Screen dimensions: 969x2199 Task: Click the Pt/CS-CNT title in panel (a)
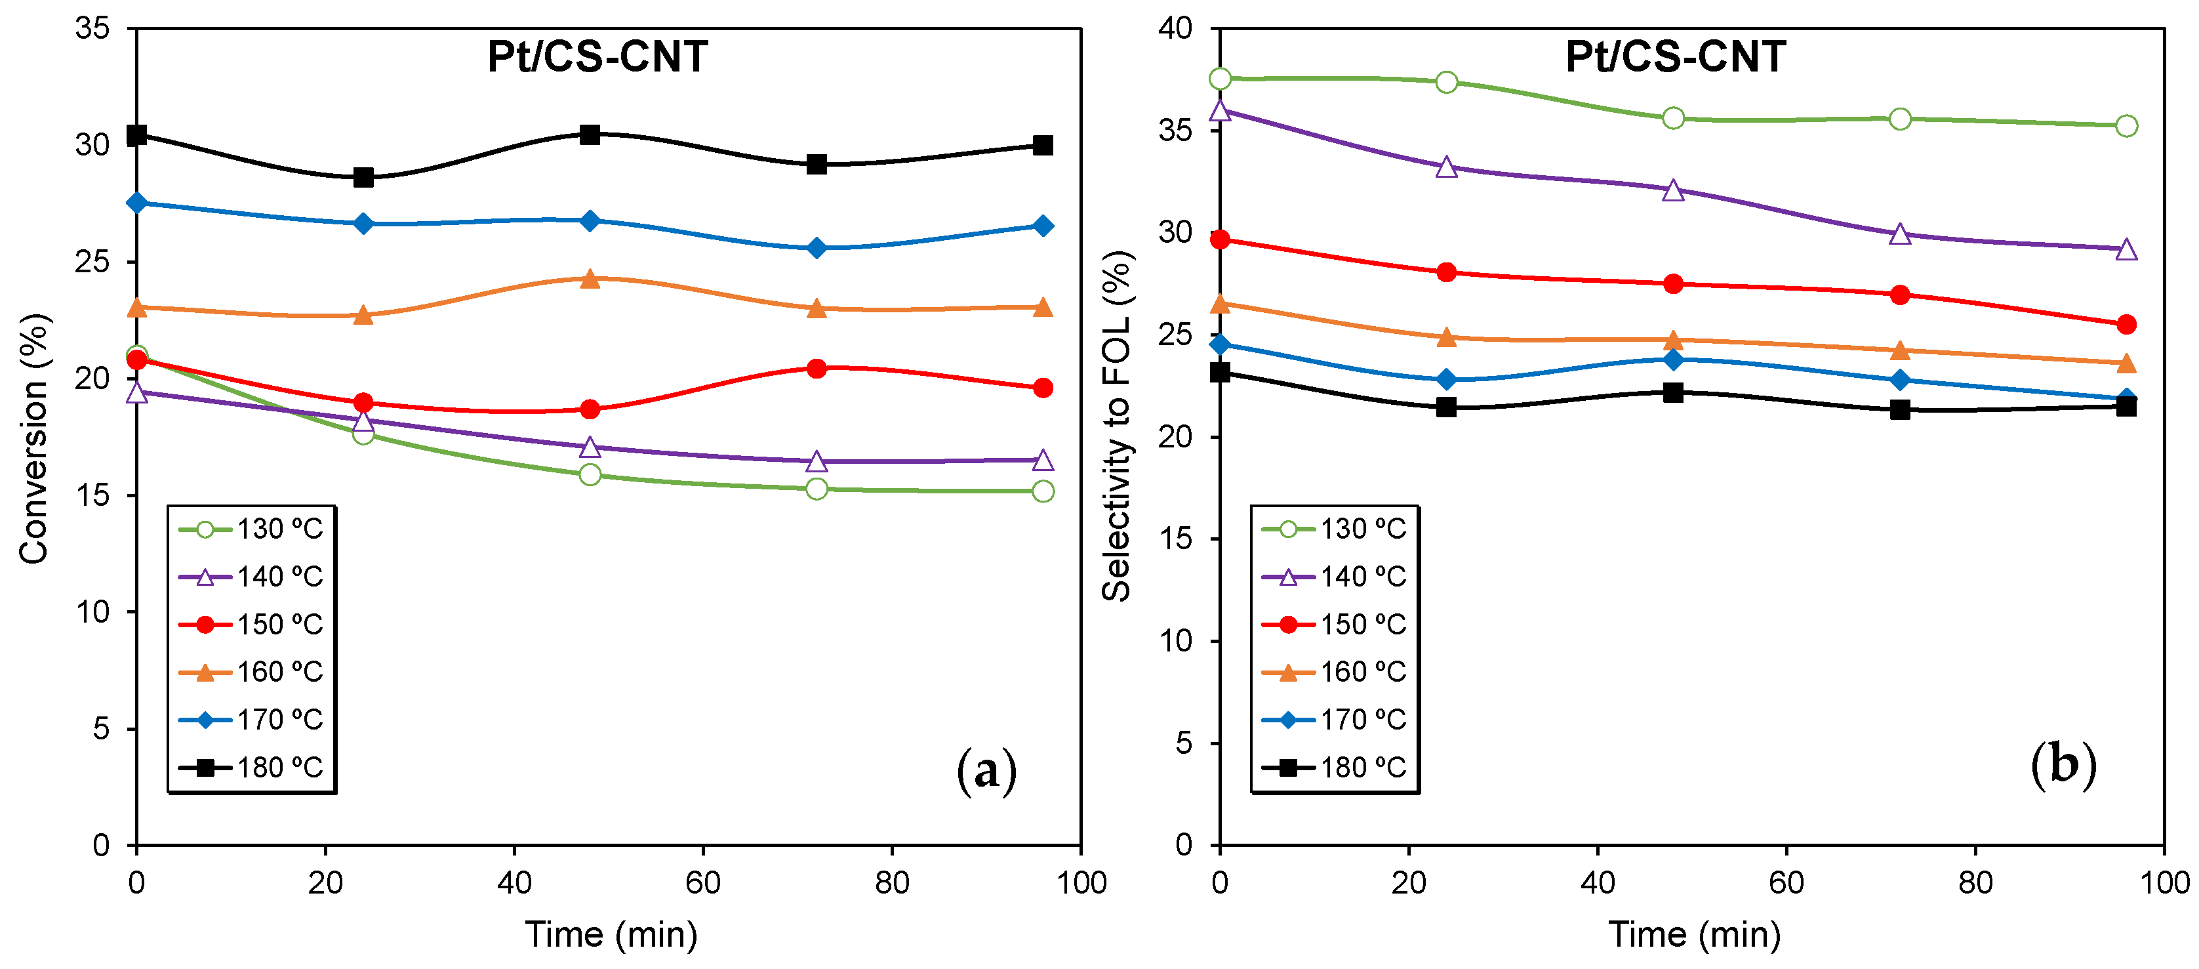click(x=597, y=57)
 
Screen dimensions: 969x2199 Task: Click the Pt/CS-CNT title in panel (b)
click(x=1675, y=57)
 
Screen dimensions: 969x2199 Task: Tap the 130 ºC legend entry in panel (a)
click(x=251, y=529)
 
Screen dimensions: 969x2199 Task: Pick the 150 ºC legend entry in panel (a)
click(x=251, y=625)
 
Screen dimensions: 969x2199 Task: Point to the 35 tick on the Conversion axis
click(x=93, y=28)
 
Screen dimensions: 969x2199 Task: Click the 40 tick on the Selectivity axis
click(x=1175, y=28)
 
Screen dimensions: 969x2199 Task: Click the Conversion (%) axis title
click(x=34, y=437)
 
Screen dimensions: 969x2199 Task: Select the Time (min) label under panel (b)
click(x=1695, y=934)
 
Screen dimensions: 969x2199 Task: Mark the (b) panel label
click(x=2063, y=764)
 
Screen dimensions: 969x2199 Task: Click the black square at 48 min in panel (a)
click(x=590, y=134)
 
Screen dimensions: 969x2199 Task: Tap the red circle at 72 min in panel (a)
click(x=817, y=369)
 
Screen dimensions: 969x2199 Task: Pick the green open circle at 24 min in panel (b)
click(x=1446, y=83)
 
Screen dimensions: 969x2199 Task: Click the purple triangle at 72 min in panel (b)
click(x=1900, y=235)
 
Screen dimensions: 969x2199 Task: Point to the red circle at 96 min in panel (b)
click(x=2126, y=325)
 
